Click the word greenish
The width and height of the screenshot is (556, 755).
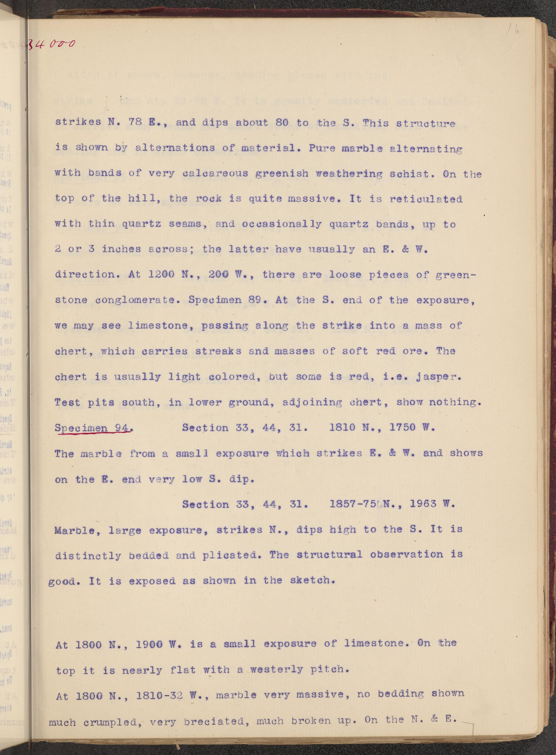[x=282, y=173]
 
